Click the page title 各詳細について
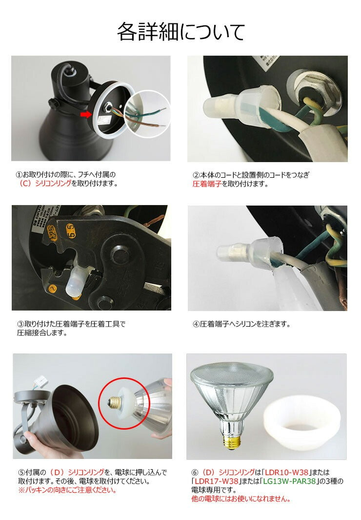[181, 32]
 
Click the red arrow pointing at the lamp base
[86, 114]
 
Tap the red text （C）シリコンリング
[44, 184]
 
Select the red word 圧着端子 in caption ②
[207, 184]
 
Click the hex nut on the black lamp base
[312, 89]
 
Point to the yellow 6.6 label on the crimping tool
[71, 230]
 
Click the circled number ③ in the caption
[20, 324]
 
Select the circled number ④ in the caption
[196, 324]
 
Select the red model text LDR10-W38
[286, 472]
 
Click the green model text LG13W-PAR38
[289, 481]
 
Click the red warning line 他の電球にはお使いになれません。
[241, 499]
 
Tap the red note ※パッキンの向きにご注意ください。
[67, 490]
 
